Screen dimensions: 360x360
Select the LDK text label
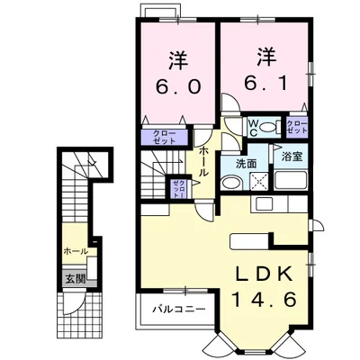pyautogui.click(x=264, y=274)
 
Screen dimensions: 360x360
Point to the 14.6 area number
pyautogui.click(x=265, y=299)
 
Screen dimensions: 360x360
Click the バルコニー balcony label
pyautogui.click(x=179, y=309)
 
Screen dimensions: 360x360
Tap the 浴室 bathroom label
pyautogui.click(x=292, y=157)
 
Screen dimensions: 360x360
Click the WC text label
pyautogui.click(x=253, y=128)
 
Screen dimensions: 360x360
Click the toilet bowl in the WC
pyautogui.click(x=267, y=128)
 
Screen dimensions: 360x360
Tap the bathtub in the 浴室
pyautogui.click(x=290, y=180)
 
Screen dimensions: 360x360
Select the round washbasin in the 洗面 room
pyautogui.click(x=231, y=183)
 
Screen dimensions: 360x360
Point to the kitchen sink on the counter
pyautogui.click(x=264, y=204)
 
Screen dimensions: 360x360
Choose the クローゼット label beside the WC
pyautogui.click(x=297, y=127)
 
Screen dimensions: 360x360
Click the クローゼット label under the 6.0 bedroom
pyautogui.click(x=165, y=137)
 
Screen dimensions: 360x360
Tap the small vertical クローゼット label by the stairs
pyautogui.click(x=178, y=188)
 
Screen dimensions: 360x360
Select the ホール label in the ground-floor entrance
pyautogui.click(x=76, y=251)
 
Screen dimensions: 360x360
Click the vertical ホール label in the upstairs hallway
pyautogui.click(x=202, y=161)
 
